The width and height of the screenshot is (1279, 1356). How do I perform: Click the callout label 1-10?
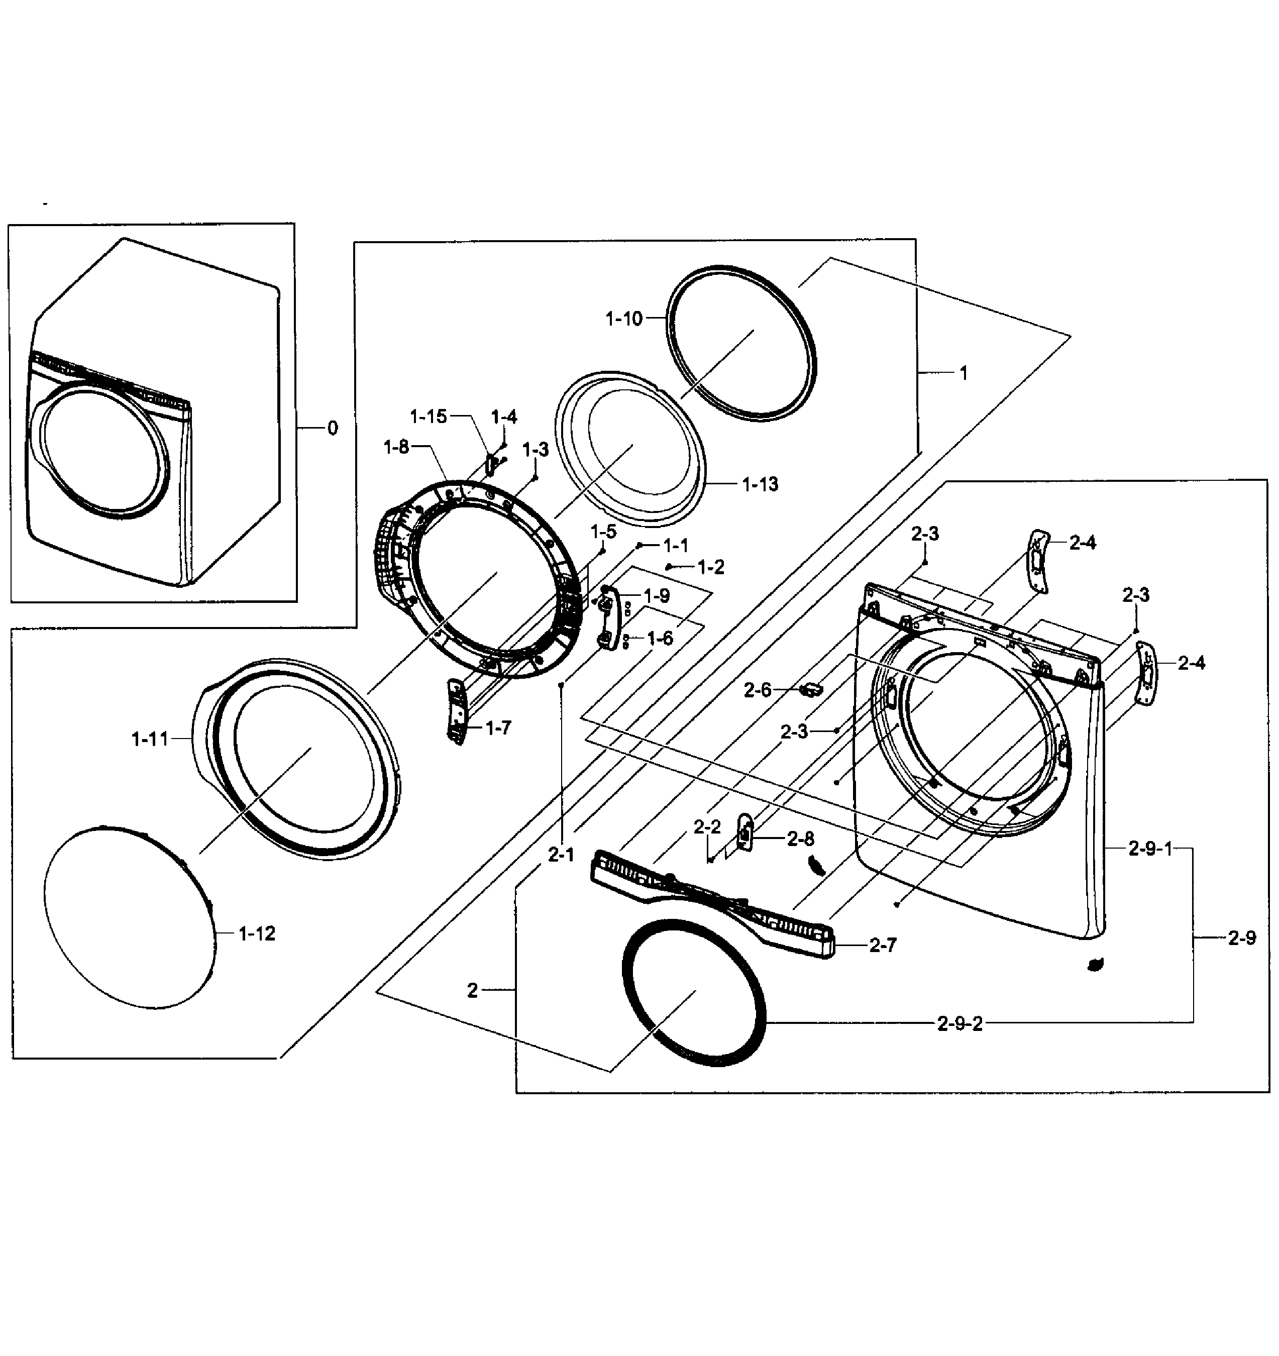[623, 319]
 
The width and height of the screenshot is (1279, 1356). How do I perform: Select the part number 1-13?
[760, 484]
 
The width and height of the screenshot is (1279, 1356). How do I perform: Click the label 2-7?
[883, 946]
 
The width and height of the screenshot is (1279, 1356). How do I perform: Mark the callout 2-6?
[757, 690]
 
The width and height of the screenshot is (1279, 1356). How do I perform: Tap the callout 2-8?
[800, 839]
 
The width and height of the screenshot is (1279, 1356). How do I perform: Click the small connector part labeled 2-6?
[812, 690]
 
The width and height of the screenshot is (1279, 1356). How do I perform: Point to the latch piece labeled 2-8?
[745, 832]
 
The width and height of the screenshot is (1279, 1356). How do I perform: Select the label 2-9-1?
[1150, 849]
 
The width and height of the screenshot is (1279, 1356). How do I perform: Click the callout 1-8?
[396, 448]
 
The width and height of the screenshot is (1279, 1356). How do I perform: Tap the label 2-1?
[561, 855]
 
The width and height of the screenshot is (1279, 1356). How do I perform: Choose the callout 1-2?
[711, 568]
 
